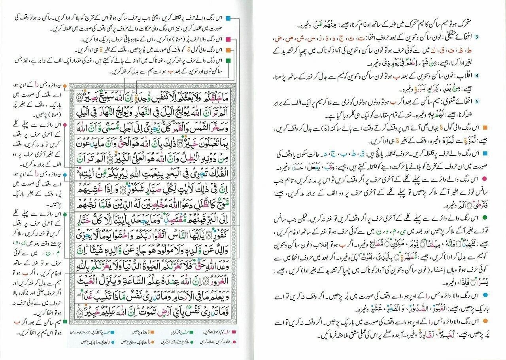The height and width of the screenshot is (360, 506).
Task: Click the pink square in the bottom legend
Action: tap(234, 332)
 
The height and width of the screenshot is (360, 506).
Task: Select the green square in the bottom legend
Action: tap(191, 332)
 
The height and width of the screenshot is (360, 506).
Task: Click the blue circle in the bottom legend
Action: tap(113, 342)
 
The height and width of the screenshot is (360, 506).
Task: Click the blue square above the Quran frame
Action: tap(229, 19)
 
